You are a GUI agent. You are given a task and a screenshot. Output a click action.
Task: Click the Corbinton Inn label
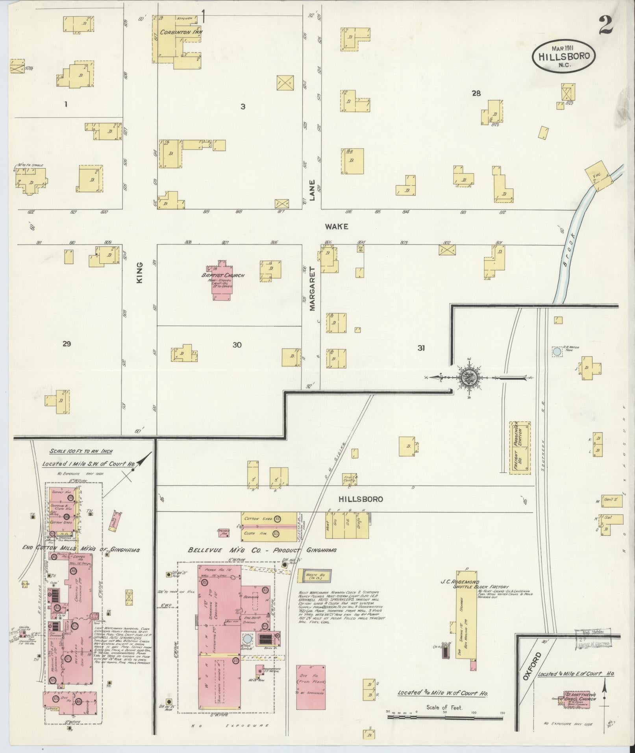tap(176, 32)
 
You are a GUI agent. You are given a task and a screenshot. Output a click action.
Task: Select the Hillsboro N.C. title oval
tap(563, 56)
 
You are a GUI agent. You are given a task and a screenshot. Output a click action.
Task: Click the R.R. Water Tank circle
tap(557, 352)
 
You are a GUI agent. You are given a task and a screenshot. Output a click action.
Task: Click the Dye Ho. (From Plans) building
tap(311, 687)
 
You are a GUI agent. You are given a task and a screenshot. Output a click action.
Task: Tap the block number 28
tap(476, 94)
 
